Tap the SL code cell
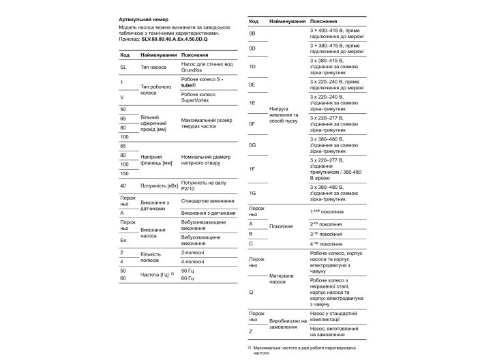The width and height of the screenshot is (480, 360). (123, 67)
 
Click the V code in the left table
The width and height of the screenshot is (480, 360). (121, 97)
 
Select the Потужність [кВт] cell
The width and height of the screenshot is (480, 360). (159, 185)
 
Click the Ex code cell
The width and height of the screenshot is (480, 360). (123, 241)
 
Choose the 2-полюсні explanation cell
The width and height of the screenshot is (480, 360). (194, 252)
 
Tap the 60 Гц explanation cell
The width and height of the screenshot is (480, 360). (188, 278)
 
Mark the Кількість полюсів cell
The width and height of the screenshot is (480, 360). (153, 257)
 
